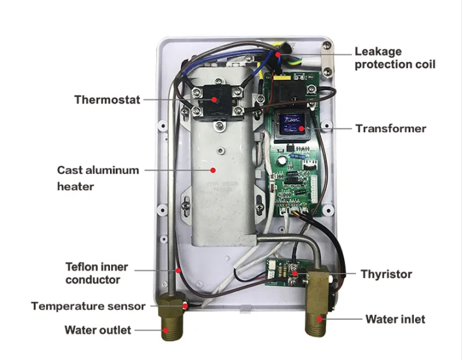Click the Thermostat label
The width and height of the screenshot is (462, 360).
107,100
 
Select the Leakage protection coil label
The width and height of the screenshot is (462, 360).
394,57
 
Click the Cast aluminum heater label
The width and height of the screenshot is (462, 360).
98,178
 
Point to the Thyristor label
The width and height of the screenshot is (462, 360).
386,274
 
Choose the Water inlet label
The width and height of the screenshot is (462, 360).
395,319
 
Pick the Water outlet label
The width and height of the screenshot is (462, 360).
98,329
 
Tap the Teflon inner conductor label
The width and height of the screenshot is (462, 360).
96,273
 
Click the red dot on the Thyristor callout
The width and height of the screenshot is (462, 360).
296,274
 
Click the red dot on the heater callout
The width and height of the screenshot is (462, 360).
213,171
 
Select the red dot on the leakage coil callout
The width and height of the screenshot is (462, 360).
279,57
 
